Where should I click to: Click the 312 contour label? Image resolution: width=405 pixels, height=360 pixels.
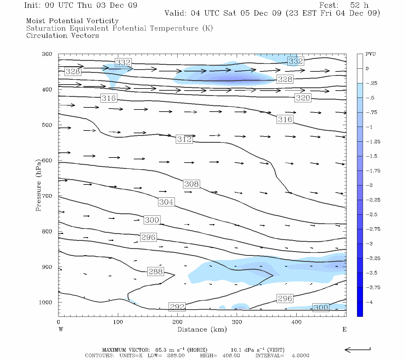pyautogui.click(x=184, y=139)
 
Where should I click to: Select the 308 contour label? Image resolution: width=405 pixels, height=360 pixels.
pyautogui.click(x=191, y=184)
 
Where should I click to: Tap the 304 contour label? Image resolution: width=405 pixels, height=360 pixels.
pyautogui.click(x=166, y=202)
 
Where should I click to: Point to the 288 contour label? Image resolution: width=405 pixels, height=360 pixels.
pyautogui.click(x=155, y=271)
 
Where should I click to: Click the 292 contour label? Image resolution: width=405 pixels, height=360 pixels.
pyautogui.click(x=177, y=307)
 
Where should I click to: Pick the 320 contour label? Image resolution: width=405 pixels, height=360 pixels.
pyautogui.click(x=303, y=98)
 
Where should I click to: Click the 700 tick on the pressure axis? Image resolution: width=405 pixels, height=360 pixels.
pyautogui.click(x=47, y=196)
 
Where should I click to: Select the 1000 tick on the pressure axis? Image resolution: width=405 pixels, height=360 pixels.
pyautogui.click(x=46, y=302)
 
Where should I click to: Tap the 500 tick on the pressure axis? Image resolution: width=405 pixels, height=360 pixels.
pyautogui.click(x=47, y=125)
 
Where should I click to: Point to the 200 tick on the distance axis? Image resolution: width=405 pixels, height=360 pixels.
pyautogui.click(x=177, y=322)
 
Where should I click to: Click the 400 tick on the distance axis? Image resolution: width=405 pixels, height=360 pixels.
pyautogui.click(x=296, y=322)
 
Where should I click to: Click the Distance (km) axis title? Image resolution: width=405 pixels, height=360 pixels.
pyautogui.click(x=202, y=329)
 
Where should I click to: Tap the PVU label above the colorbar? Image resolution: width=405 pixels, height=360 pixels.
pyautogui.click(x=370, y=54)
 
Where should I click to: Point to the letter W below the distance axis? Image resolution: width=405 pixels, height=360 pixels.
pyautogui.click(x=61, y=329)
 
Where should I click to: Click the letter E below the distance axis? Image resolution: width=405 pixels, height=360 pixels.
pyautogui.click(x=344, y=329)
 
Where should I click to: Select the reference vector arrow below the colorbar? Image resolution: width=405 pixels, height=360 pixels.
pyautogui.click(x=357, y=349)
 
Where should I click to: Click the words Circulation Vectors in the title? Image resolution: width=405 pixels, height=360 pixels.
pyautogui.click(x=62, y=36)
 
